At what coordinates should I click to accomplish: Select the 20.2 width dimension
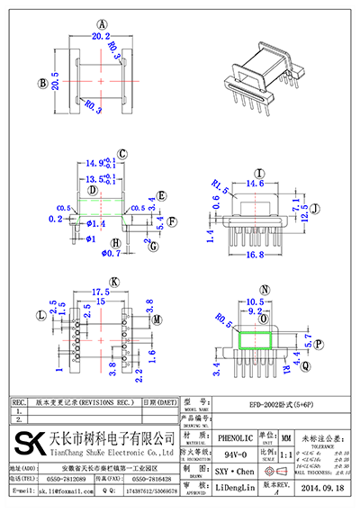click(x=102, y=38)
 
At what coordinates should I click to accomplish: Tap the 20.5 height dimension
click(x=55, y=84)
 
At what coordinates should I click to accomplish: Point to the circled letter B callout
click(x=41, y=84)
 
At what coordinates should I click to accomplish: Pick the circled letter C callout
click(x=122, y=154)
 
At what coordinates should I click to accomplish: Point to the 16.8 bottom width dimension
click(x=256, y=255)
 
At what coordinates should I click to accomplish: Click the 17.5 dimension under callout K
click(x=101, y=292)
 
